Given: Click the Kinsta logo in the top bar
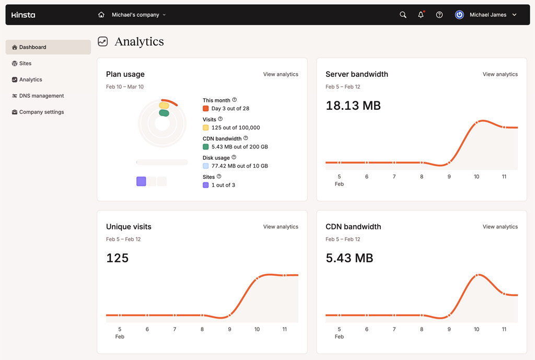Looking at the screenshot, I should (24, 15).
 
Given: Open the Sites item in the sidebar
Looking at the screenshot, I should (25, 63).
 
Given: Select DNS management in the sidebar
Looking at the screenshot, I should (41, 96).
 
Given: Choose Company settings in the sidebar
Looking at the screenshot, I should (41, 112).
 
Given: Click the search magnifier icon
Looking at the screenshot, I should (403, 15).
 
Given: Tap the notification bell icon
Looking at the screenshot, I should (421, 15).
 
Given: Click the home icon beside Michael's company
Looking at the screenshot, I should (101, 15).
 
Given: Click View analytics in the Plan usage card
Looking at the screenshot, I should (281, 74).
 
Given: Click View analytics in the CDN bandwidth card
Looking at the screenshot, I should (500, 227).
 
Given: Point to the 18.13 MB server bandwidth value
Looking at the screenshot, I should (353, 106).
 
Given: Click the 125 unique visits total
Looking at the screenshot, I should (117, 258).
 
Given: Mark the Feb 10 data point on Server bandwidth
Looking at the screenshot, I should (476, 123).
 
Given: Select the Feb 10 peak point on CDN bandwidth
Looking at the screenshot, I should (476, 275).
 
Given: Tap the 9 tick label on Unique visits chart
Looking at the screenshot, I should (229, 329).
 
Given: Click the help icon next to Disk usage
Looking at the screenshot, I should (234, 157).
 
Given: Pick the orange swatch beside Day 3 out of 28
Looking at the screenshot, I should (206, 109).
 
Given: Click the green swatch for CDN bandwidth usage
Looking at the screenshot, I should (206, 147).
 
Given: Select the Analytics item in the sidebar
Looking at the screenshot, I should (30, 79).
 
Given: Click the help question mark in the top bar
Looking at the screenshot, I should (439, 15).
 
